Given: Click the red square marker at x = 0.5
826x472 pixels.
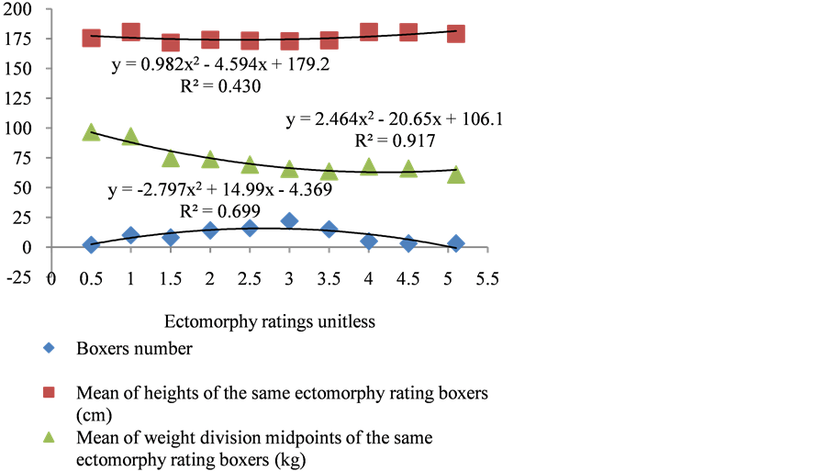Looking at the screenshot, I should click(91, 38).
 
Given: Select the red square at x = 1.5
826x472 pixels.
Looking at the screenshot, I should click(171, 42).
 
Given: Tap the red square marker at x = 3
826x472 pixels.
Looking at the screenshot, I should click(289, 40).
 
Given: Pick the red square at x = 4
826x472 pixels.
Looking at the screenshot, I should click(369, 31).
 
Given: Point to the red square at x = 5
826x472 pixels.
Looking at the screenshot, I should click(455, 33).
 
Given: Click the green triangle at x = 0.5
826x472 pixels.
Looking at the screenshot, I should click(91, 132).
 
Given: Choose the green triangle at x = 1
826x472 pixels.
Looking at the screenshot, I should click(130, 136).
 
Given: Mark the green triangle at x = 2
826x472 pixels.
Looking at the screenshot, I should click(210, 159).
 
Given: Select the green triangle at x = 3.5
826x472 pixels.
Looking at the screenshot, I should click(329, 172).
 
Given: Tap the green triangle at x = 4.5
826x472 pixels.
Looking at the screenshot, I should click(408, 169).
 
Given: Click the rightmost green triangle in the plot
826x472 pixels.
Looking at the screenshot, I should click(455, 175).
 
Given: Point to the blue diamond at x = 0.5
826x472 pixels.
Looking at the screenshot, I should click(91, 244).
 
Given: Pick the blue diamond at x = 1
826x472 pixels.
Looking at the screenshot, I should click(130, 235).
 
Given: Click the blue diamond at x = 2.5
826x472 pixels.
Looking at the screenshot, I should click(250, 227).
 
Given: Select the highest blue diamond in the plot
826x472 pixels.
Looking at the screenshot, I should click(289, 220).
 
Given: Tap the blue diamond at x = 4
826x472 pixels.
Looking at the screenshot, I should click(369, 241).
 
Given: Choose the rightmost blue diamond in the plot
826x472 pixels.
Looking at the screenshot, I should click(455, 242).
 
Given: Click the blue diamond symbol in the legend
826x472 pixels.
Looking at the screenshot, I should click(49, 348).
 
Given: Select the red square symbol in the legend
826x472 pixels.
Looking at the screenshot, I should click(49, 392).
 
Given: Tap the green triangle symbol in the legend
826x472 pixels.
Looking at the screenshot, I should click(49, 437).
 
